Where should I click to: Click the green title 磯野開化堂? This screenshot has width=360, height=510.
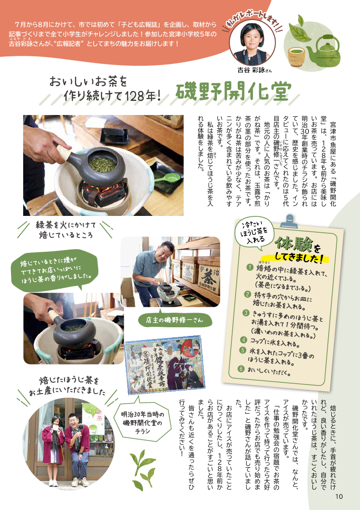tap(233, 91)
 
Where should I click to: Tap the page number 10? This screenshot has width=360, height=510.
tap(339, 497)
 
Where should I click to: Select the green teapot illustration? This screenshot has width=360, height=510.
tap(323, 51)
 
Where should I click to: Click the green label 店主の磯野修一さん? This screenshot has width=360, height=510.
tap(175, 320)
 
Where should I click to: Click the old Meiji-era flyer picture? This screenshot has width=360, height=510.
tap(165, 365)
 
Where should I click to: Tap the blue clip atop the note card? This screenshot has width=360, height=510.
tap(287, 221)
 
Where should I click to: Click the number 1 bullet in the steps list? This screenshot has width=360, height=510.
tap(250, 267)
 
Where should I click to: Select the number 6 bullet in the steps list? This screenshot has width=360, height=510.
tap(240, 369)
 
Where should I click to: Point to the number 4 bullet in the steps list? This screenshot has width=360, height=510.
tap(243, 340)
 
